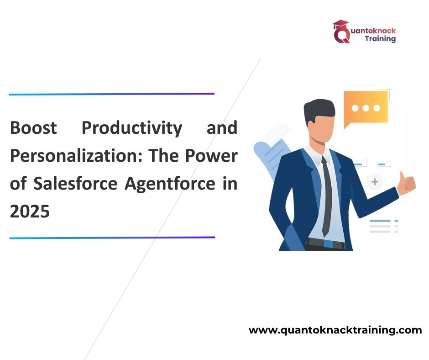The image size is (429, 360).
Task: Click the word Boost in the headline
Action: click(x=33, y=127)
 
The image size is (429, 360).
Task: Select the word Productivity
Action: click(x=132, y=128)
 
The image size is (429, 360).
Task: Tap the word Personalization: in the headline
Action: click(x=76, y=156)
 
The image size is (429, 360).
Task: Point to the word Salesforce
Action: click(x=75, y=183)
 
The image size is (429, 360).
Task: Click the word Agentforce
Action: click(x=170, y=184)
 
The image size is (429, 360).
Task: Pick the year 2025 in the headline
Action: click(x=30, y=211)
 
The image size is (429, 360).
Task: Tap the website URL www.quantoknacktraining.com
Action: click(x=335, y=330)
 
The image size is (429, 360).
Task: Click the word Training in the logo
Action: click(x=380, y=39)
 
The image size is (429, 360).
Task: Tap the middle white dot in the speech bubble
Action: click(x=366, y=108)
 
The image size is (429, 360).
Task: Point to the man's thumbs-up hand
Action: click(x=407, y=183)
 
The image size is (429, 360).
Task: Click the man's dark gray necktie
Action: click(x=327, y=196)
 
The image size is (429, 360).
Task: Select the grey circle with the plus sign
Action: click(x=375, y=182)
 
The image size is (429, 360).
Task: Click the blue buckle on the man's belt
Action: click(x=328, y=244)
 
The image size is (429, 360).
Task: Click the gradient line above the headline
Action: click(x=112, y=94)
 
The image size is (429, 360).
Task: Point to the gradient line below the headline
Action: click(x=112, y=238)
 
